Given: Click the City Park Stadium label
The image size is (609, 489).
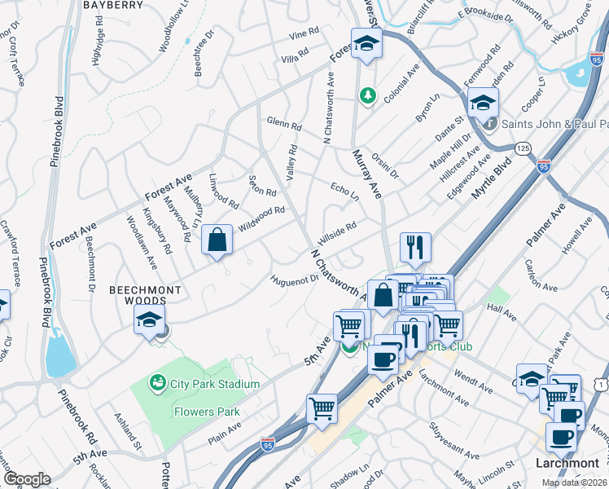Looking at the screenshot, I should pos(215,384).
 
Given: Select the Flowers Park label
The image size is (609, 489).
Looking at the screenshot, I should pos(207,412).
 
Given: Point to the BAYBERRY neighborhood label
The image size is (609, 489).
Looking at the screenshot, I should pos(114,5).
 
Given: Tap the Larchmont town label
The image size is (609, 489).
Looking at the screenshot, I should pos(567,463).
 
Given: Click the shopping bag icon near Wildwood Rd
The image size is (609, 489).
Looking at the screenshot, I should pos(217,240).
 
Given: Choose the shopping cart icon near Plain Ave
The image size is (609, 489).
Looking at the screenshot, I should pos(322,408).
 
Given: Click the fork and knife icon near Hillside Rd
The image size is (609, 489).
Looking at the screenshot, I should pos(415,247).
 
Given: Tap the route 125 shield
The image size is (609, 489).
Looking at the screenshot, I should pos(523,148).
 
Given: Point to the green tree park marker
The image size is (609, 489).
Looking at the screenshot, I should pos(368,96).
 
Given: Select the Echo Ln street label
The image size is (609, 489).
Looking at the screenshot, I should pos(344,192).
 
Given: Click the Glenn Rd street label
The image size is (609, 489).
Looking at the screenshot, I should pos(284,125).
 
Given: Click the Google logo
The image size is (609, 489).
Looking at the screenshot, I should pos(27,479).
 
